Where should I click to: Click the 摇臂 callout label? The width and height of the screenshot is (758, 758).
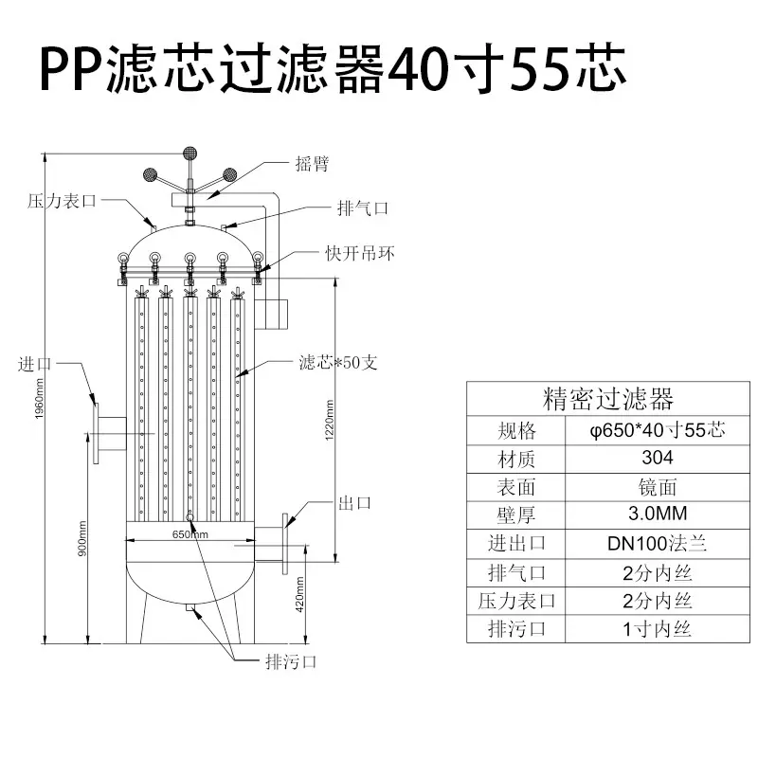click(x=312, y=164)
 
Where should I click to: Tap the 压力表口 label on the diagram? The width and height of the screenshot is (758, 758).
click(x=63, y=201)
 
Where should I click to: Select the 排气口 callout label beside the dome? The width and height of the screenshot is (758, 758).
click(x=363, y=208)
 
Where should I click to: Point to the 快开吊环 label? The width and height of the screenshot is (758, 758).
click(x=360, y=253)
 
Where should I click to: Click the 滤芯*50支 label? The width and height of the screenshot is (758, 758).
click(x=338, y=362)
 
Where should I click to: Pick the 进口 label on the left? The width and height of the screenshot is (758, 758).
click(x=35, y=364)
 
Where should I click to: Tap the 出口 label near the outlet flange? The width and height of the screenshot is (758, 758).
click(x=354, y=503)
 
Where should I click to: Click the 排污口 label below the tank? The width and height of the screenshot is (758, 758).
click(x=291, y=661)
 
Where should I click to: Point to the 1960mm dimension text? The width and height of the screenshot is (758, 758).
click(x=39, y=398)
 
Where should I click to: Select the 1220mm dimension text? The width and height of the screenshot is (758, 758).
click(x=329, y=420)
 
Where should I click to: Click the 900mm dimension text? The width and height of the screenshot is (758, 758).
click(x=82, y=538)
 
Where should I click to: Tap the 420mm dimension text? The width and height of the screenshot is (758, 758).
click(x=299, y=594)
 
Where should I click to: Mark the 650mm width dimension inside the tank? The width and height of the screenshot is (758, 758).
click(x=190, y=534)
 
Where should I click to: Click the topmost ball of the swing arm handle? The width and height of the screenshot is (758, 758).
click(x=190, y=153)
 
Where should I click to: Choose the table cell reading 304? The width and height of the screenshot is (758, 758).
click(x=658, y=458)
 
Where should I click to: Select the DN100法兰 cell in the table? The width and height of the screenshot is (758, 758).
click(x=657, y=543)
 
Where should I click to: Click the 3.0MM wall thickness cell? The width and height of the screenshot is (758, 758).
click(x=658, y=514)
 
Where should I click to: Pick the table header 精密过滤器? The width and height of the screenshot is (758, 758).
click(x=607, y=399)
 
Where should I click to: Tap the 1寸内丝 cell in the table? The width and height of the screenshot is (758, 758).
click(x=657, y=629)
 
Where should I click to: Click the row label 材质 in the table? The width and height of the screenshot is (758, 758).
click(x=515, y=459)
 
